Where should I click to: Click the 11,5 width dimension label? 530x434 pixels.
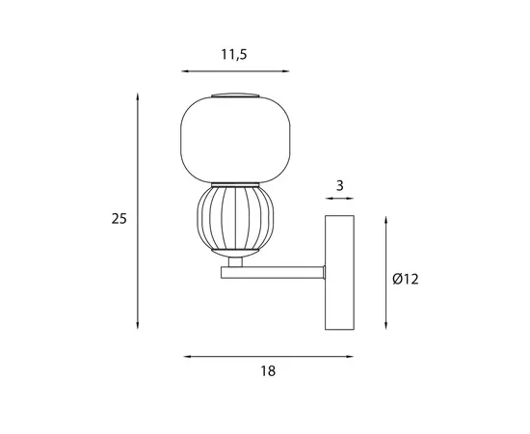[234, 54]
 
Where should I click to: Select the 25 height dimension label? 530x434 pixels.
[119, 219]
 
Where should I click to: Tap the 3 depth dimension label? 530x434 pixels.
[340, 186]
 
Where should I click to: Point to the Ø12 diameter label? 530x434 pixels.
[406, 279]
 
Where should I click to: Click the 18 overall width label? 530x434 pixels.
[268, 371]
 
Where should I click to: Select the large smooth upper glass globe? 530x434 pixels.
[235, 140]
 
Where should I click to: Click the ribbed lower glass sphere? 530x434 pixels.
[235, 219]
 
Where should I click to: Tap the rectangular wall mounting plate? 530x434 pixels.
[339, 272]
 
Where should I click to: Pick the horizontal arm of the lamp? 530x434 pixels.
[273, 273]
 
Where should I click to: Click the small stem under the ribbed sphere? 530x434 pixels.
[235, 262]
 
